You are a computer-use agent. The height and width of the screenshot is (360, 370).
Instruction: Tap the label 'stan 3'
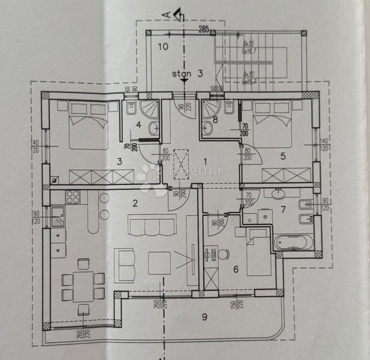tap(187, 74)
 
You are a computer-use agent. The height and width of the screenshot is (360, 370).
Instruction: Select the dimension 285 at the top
tap(204, 29)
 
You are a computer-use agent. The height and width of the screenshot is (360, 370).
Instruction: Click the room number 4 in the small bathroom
tap(138, 124)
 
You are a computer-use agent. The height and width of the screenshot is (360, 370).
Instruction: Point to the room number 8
tap(215, 119)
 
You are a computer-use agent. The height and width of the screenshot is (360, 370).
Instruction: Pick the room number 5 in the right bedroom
tap(283, 156)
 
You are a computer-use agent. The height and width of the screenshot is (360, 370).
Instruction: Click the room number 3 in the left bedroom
tap(120, 161)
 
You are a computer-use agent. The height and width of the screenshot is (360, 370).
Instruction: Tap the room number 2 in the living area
tap(135, 204)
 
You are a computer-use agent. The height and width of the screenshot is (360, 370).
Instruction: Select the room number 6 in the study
tap(236, 269)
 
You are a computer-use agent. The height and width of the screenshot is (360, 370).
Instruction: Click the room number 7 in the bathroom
tap(283, 209)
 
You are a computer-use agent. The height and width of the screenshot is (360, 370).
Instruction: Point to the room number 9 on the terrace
tap(204, 316)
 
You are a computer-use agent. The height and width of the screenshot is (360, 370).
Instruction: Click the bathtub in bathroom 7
tap(293, 242)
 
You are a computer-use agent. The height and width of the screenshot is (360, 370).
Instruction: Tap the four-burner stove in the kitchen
tap(73, 196)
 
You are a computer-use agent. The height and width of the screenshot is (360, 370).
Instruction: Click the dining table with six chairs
tap(83, 286)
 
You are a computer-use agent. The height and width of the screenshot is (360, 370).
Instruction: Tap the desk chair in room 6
tap(224, 254)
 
